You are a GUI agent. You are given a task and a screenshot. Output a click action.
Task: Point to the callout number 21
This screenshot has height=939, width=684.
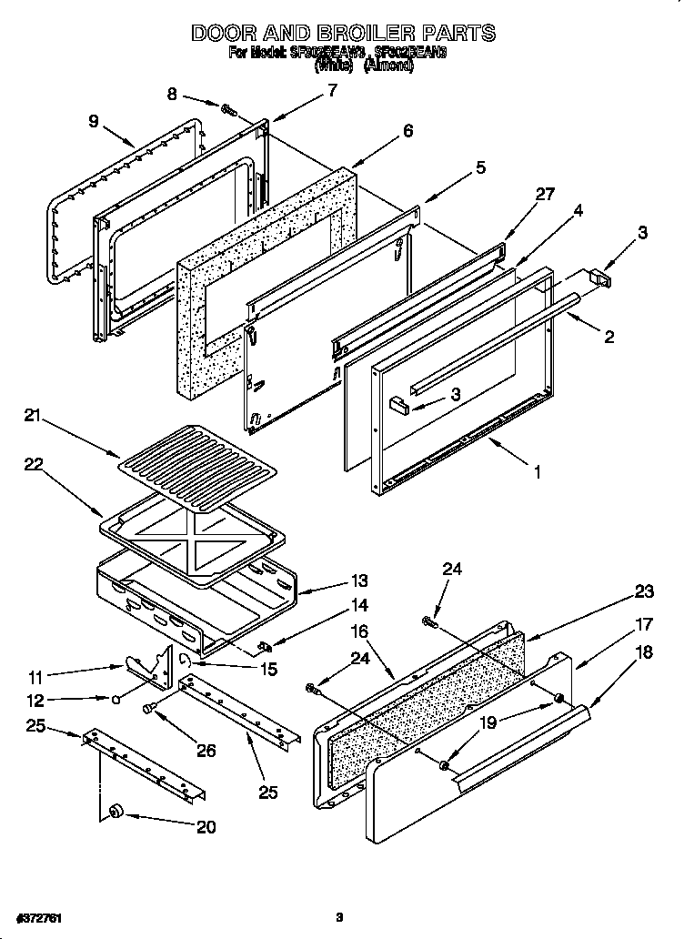32,417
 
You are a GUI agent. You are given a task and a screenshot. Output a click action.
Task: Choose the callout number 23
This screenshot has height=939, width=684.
644,591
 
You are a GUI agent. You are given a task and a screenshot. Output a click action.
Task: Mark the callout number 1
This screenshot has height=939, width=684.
537,471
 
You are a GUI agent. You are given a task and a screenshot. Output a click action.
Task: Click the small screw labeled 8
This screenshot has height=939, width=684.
229,110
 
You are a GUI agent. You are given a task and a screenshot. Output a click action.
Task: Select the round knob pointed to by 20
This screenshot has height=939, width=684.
116,811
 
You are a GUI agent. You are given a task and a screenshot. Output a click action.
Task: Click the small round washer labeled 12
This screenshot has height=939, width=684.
117,700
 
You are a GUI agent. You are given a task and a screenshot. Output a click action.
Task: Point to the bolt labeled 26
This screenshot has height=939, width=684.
150,707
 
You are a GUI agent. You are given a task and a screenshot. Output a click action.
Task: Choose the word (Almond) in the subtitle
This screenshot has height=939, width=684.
388,66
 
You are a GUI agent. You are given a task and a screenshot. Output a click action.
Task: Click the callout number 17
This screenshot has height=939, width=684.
644,624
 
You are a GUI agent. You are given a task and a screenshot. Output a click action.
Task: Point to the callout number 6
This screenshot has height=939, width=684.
407,131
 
